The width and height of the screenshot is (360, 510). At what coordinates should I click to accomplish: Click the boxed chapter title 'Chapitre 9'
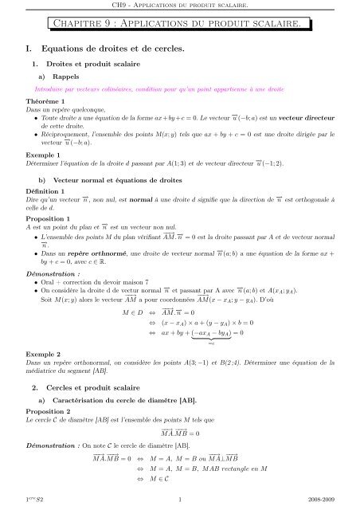point(179,28)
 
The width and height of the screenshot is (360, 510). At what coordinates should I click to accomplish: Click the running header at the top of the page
point(179,6)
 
